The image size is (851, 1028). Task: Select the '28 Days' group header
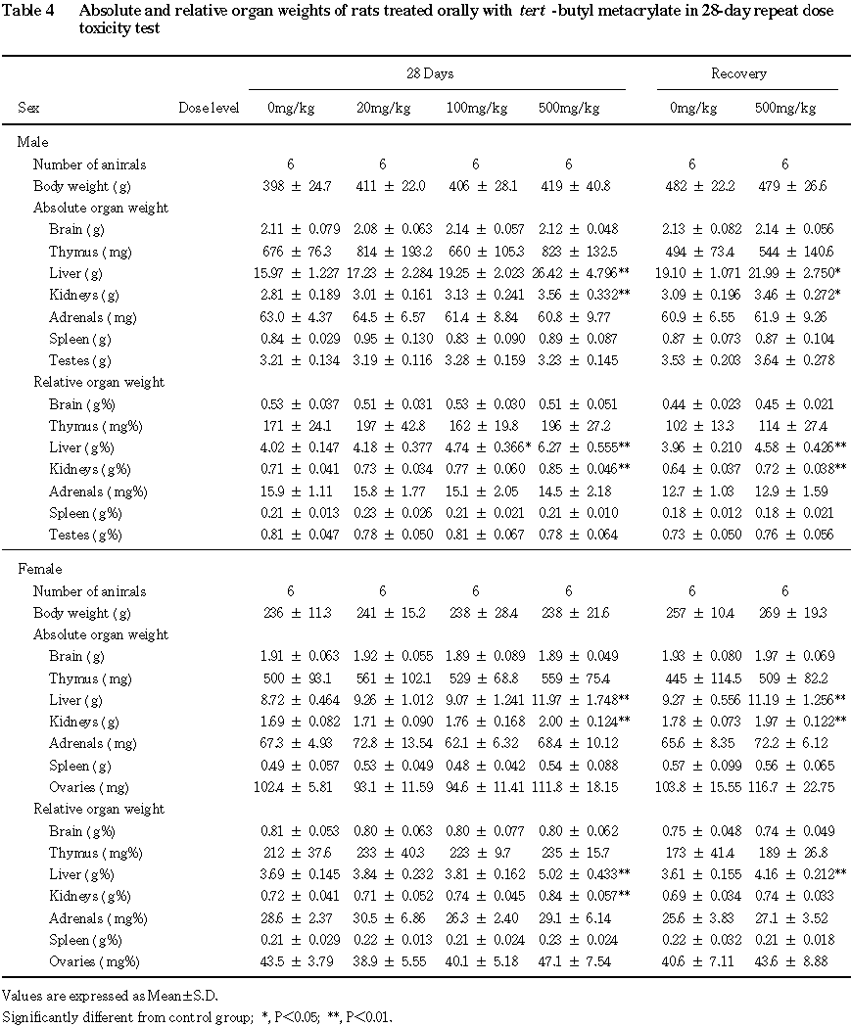tap(431, 74)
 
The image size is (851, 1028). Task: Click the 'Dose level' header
tap(209, 108)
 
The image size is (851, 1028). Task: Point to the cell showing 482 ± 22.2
tap(691, 186)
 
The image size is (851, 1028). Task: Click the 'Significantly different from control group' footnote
tap(196, 1016)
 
